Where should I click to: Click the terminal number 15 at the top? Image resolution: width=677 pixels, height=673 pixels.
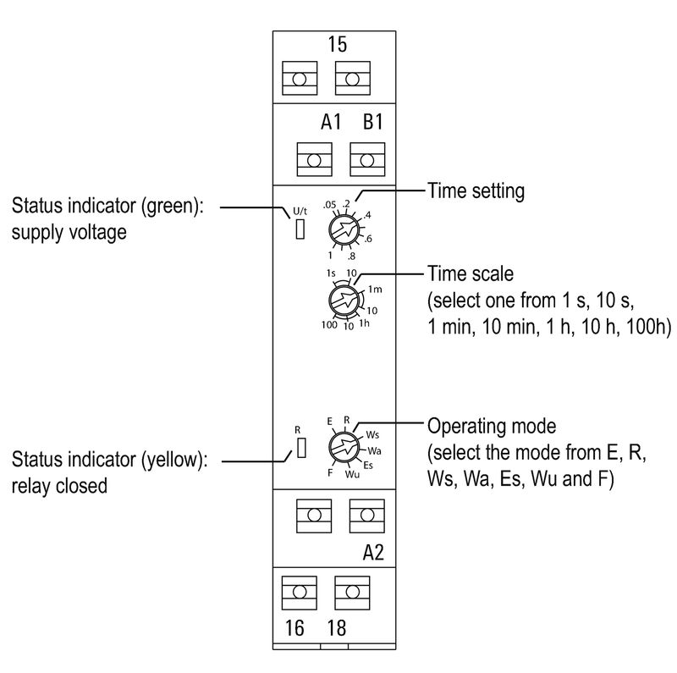click(337, 44)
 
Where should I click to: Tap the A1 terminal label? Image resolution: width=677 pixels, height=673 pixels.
click(331, 123)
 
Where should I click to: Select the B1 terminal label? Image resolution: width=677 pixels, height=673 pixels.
click(373, 123)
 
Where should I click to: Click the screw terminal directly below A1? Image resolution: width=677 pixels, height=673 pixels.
click(314, 159)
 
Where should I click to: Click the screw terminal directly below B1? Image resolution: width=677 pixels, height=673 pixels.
click(367, 159)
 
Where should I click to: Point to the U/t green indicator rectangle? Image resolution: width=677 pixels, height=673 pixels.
click(300, 229)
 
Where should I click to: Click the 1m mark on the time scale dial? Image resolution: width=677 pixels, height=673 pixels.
click(375, 290)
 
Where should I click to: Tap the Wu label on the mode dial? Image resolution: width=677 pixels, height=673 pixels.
click(353, 474)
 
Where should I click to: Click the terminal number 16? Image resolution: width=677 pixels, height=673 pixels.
click(293, 631)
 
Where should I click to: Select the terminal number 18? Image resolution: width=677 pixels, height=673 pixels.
click(336, 631)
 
